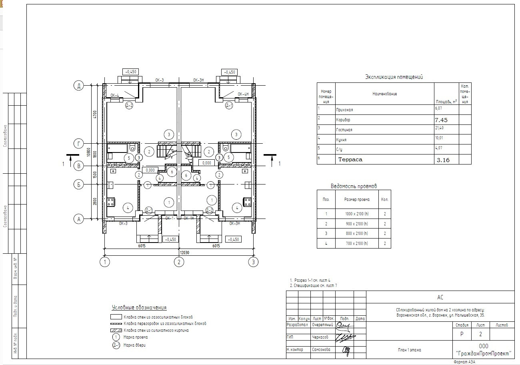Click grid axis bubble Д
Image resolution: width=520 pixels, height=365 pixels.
pos(79,85)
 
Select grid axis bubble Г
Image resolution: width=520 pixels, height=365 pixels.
pos(79,143)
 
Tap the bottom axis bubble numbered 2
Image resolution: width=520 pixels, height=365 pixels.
pos(179,262)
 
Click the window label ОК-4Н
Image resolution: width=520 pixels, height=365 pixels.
pos(243,94)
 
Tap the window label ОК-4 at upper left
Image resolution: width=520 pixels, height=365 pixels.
pos(115,96)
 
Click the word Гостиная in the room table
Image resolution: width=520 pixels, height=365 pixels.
pos(344,130)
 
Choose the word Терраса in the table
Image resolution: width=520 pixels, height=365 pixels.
pos(350,159)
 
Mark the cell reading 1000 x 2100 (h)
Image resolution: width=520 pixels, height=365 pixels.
pos(357,214)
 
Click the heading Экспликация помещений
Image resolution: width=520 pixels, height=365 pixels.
pos(394,77)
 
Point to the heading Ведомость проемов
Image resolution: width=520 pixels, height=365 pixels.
pos(354,186)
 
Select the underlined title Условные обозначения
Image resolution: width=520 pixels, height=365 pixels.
pos(139,308)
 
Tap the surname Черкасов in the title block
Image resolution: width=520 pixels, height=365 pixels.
pos(321,337)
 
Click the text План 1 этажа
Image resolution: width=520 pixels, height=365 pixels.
pos(409,350)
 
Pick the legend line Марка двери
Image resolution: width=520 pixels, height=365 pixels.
pos(134,345)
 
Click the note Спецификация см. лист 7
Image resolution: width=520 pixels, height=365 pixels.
pos(313,286)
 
